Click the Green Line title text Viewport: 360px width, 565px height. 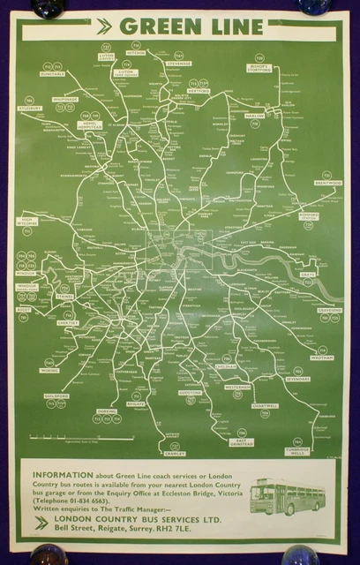tap(191, 27)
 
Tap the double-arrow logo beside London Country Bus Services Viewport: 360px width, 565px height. tap(39, 523)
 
